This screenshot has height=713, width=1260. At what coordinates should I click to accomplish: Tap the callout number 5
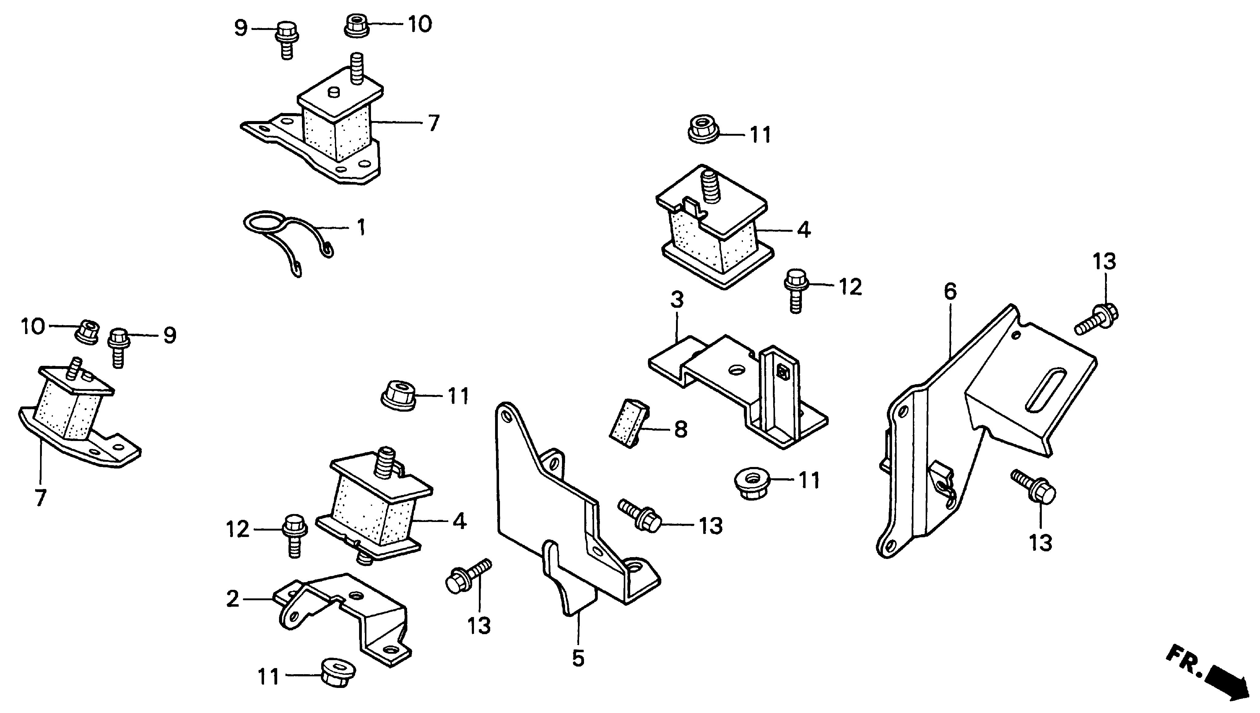point(578,659)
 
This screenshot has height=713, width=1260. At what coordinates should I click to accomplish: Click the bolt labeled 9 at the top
point(286,40)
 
